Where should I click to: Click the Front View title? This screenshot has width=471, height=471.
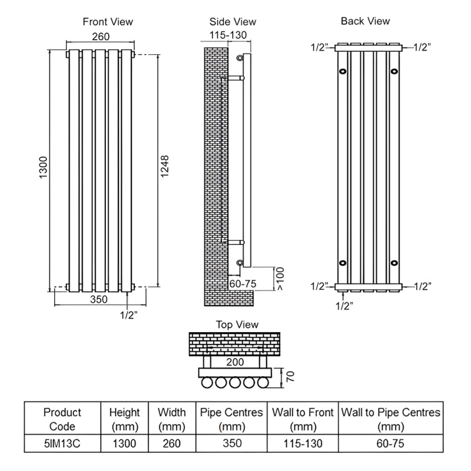click(x=108, y=22)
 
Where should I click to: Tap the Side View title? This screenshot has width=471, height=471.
click(x=233, y=22)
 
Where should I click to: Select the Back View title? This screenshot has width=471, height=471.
click(x=365, y=21)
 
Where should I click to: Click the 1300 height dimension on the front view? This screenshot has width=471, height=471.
click(x=43, y=170)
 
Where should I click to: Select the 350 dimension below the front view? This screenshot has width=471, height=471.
click(x=100, y=299)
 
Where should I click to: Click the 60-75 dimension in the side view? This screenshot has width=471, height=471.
click(x=243, y=284)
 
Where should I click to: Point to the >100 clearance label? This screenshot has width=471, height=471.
click(x=280, y=278)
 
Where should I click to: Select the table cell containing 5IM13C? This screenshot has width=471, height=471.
click(x=62, y=442)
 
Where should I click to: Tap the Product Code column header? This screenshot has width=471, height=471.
click(x=62, y=419)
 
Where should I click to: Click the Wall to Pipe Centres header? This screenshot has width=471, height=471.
click(x=390, y=419)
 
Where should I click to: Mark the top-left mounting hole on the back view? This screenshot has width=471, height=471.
click(x=343, y=72)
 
